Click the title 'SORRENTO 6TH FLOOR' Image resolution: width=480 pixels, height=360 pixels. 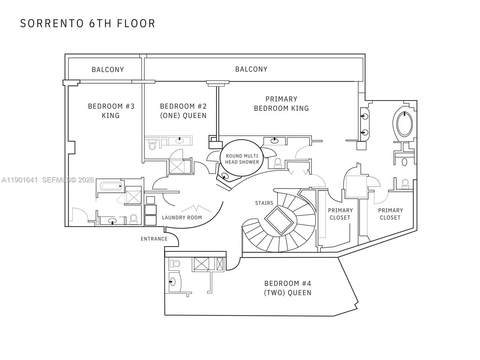tap(88, 23)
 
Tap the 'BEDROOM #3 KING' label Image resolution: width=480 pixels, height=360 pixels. tap(111, 111)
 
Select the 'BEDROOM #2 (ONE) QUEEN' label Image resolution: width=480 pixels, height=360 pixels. tap(183, 111)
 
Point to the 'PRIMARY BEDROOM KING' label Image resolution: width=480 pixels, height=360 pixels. tap(281, 103)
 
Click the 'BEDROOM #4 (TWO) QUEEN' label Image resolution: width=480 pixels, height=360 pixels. tap(287, 288)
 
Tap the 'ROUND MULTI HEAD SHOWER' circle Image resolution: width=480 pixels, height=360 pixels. tap(242, 159)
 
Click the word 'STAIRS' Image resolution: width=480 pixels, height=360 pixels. tap(264, 203)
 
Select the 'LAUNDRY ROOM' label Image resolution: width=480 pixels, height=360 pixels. tap(182, 217)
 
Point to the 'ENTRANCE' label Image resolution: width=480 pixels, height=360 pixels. tap(154, 239)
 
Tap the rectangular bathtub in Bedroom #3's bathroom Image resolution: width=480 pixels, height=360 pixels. tap(111, 186)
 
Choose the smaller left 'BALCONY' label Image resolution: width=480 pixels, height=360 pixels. tap(108, 70)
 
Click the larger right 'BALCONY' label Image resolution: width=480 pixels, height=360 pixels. tap(251, 69)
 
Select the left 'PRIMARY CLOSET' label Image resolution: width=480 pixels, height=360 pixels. tap(340, 214)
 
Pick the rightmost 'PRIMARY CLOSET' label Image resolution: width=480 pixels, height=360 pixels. tap(390, 214)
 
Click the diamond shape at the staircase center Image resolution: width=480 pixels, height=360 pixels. tap(279, 220)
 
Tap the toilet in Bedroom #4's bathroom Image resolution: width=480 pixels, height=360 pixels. tap(175, 264)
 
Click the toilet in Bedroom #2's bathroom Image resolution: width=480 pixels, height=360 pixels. tap(152, 146)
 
